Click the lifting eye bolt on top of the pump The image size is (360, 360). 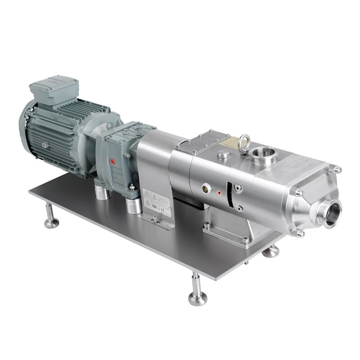click(x=245, y=139)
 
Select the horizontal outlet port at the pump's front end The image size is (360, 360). click(x=332, y=214)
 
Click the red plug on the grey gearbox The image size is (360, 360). click(x=112, y=161)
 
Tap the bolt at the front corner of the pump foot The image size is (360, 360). click(x=245, y=240)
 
